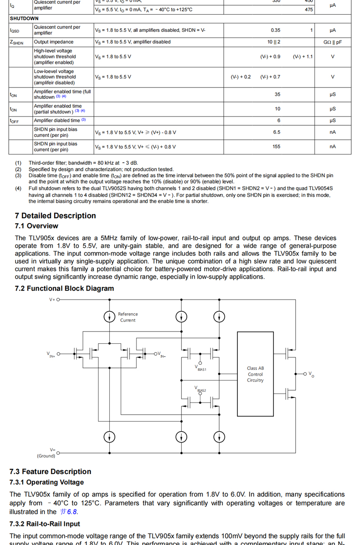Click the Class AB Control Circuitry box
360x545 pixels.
tap(255, 374)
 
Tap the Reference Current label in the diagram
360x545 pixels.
tap(128, 317)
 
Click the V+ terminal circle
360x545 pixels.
tap(59, 300)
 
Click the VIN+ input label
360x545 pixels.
tap(51, 354)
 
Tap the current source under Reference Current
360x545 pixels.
tap(109, 316)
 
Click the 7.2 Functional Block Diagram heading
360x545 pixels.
tap(64, 288)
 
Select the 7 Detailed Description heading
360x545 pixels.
tap(55, 216)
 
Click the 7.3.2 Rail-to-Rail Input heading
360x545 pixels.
tap(45, 524)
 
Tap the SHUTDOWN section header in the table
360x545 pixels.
tap(24, 19)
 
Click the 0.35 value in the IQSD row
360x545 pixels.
tap(275, 30)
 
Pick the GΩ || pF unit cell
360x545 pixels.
tap(332, 42)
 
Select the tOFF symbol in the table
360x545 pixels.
tap(14, 121)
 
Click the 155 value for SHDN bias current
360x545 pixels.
tap(276, 147)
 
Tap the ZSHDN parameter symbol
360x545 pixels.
tap(16, 42)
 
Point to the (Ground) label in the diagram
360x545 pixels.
tap(46, 456)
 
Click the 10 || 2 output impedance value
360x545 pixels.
tap(274, 42)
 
